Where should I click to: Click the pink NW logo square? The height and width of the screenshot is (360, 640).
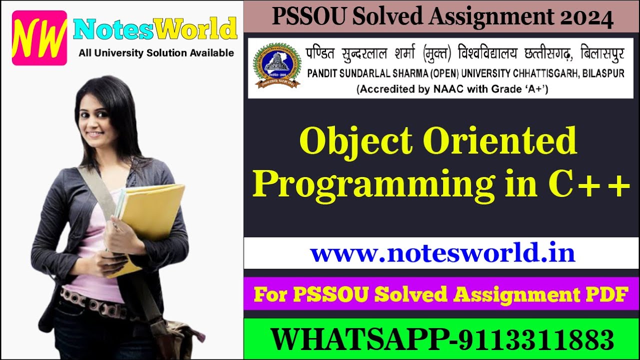(39, 38)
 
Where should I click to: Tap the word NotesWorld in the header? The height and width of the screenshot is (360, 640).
(155, 29)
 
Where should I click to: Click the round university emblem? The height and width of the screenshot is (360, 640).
(277, 65)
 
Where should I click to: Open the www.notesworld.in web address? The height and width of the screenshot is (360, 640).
(442, 253)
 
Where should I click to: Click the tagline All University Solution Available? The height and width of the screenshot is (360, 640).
(156, 52)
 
